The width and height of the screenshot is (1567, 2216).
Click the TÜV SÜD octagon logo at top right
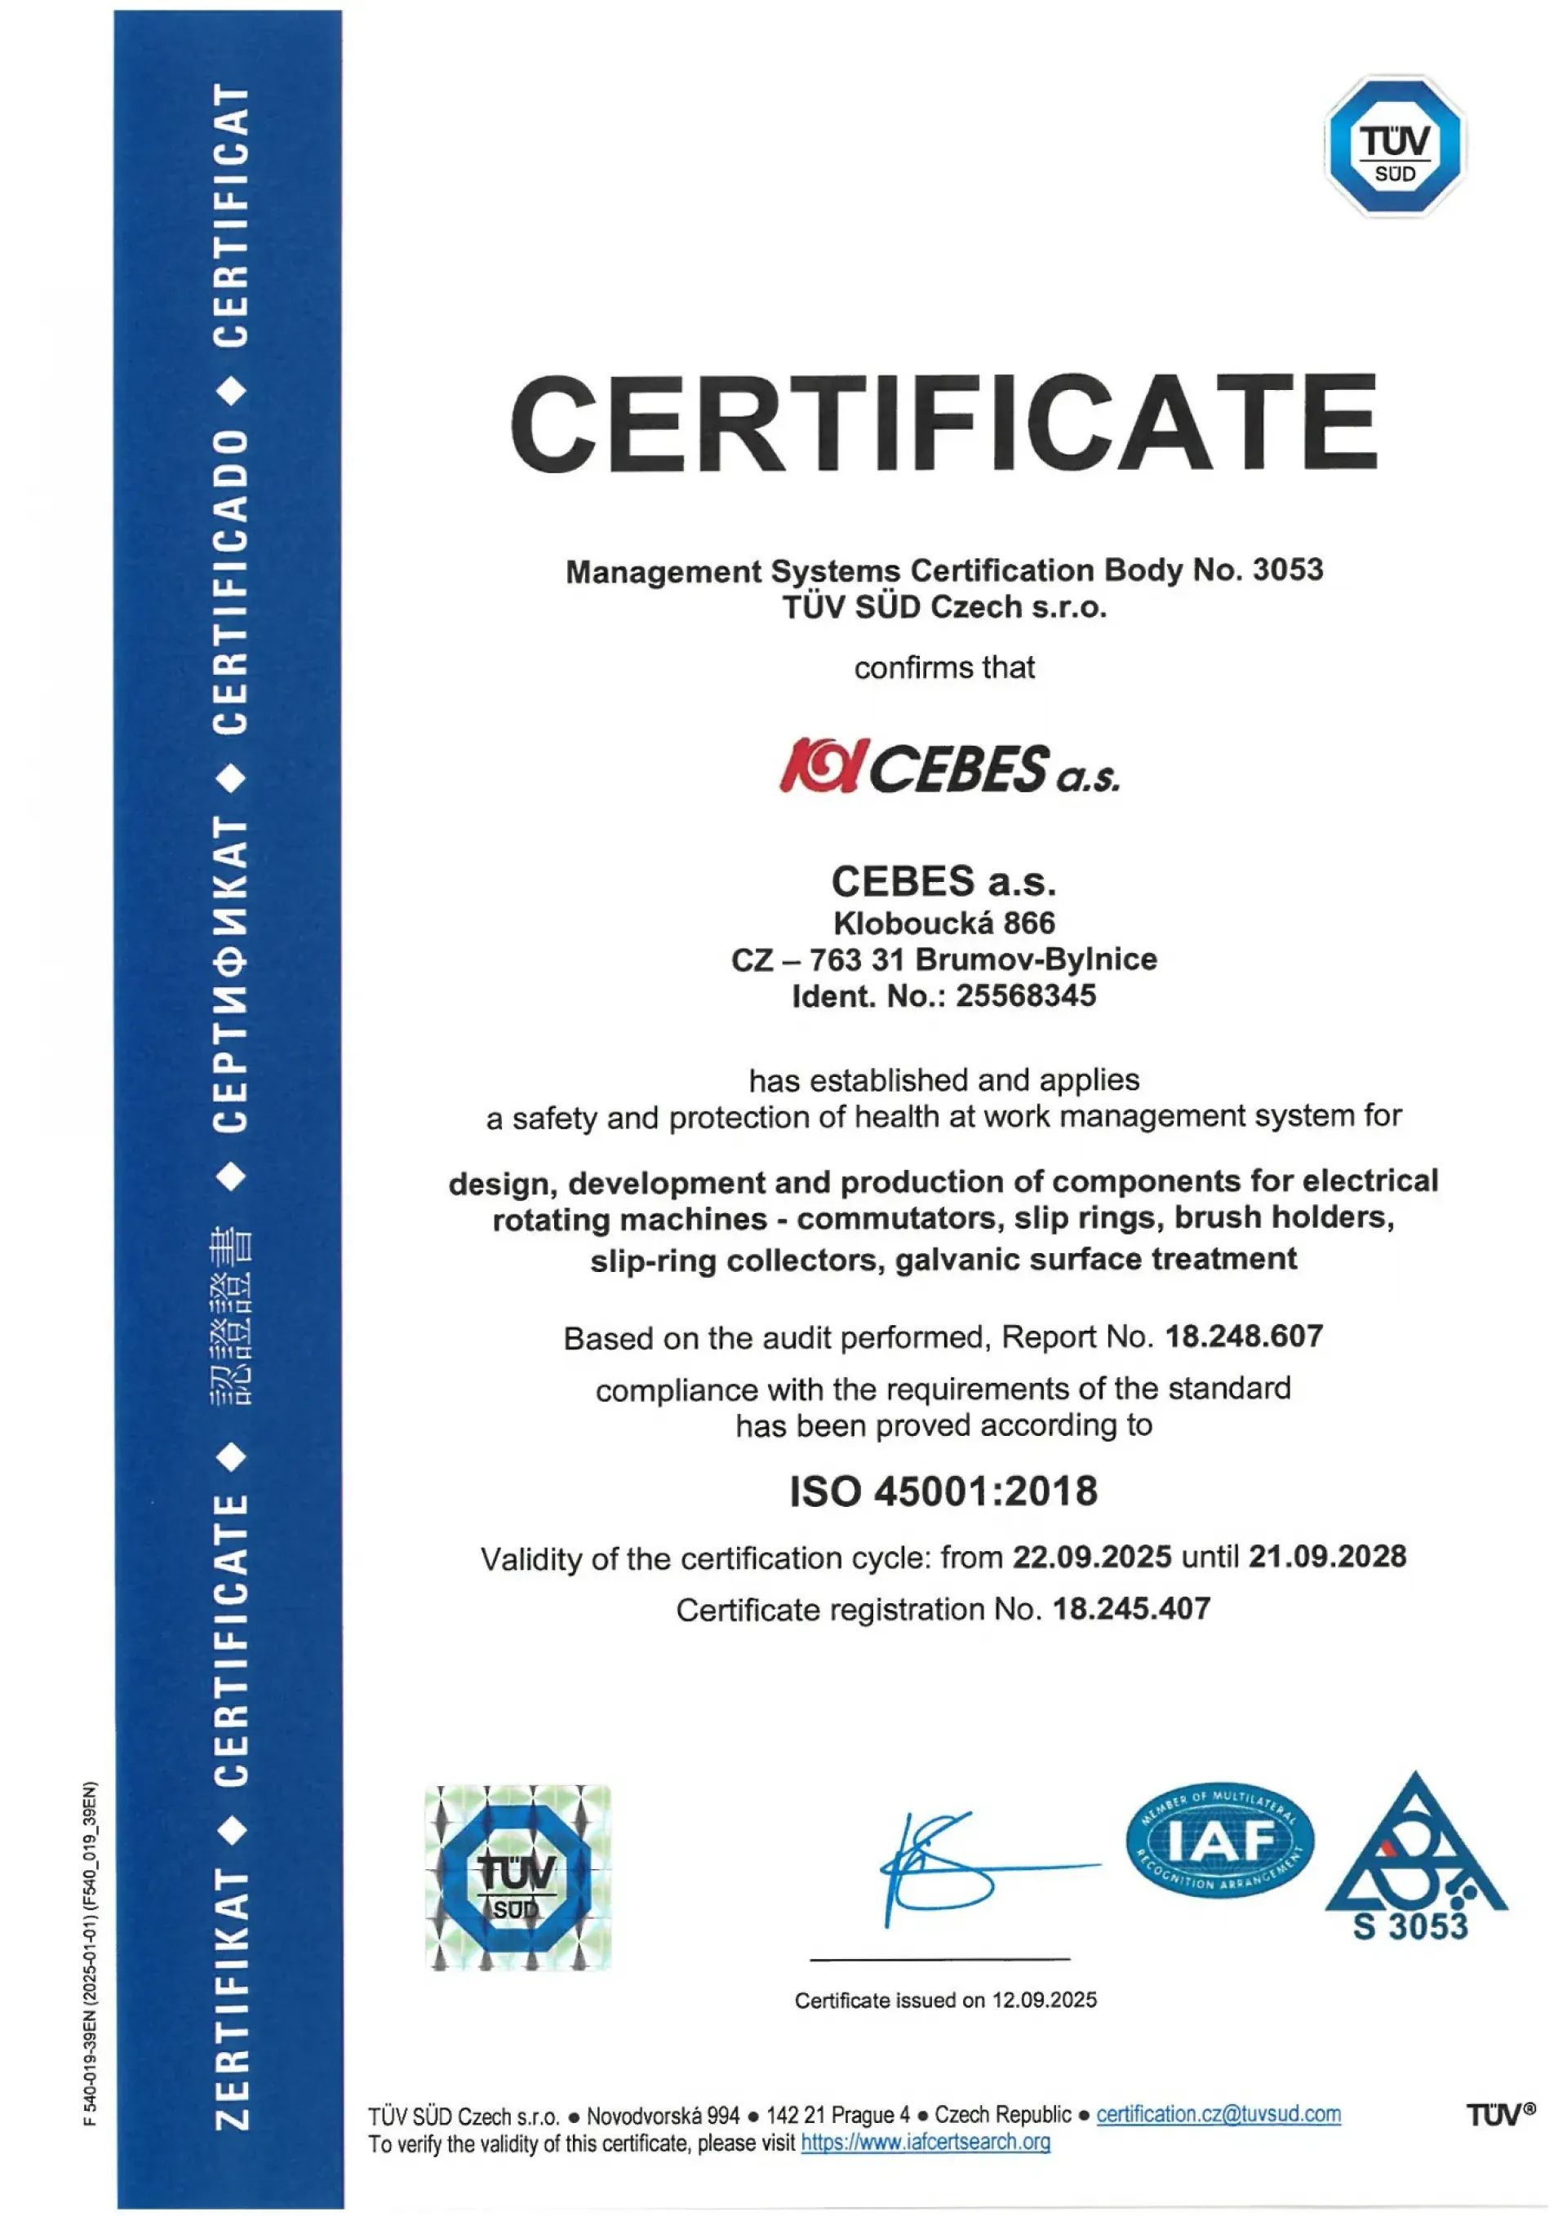click(x=1395, y=147)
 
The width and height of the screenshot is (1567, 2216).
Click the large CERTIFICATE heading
click(x=943, y=424)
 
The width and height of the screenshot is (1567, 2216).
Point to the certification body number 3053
click(x=1287, y=570)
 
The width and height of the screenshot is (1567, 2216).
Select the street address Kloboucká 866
click(x=943, y=923)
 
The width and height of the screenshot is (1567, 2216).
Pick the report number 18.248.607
click(x=1244, y=1336)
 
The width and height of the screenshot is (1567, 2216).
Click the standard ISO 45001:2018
click(x=943, y=1491)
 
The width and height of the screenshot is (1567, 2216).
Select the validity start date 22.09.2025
click(x=1091, y=1557)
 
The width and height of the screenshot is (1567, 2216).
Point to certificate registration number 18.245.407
click(x=1130, y=1609)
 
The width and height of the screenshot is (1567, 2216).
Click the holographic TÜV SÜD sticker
click(x=517, y=1877)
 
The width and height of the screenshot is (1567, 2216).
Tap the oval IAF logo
click(x=1219, y=1841)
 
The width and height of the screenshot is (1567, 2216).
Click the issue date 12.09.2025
click(x=1044, y=2001)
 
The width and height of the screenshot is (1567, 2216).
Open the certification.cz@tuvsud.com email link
click(x=1218, y=2115)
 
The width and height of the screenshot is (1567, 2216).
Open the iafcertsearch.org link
click(x=925, y=2143)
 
